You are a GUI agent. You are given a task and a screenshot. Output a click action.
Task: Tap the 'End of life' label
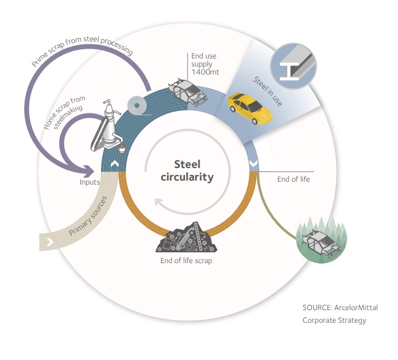coord(293,179)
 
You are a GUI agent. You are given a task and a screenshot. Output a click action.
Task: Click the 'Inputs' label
coord(91,182)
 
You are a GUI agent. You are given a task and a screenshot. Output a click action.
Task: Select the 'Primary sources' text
coord(90,218)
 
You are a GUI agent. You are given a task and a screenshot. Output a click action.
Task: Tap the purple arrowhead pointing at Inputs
coord(89,170)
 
